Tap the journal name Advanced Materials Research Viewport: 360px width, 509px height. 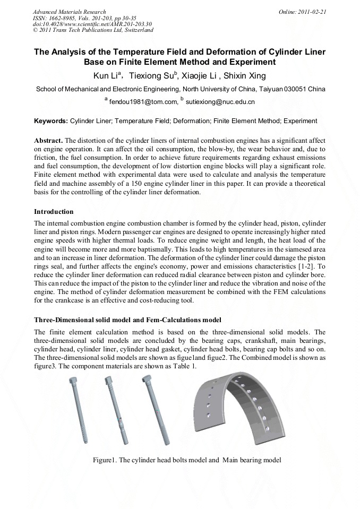(69, 11)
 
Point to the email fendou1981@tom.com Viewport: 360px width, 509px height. (140, 101)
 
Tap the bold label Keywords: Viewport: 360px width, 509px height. (51, 121)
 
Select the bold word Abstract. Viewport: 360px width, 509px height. (48, 141)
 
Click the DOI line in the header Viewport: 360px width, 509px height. (92, 24)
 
